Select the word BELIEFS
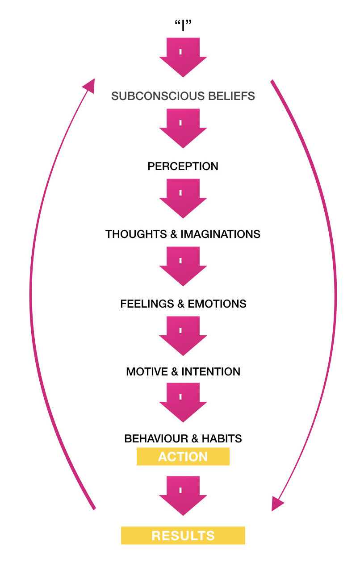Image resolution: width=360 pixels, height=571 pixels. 233,96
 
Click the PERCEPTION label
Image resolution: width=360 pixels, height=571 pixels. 183,167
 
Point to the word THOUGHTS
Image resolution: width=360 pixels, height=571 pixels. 136,234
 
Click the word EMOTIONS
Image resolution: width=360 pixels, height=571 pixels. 217,304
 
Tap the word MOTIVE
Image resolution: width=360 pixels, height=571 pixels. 148,372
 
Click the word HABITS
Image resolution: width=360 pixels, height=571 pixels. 222,438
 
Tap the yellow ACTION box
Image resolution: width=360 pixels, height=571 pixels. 183,457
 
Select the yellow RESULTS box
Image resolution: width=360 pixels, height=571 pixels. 183,535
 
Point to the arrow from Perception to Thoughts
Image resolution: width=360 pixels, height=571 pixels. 183,198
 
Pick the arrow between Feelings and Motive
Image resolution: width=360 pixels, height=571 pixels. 183,336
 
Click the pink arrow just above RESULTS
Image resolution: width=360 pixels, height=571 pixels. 183,496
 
